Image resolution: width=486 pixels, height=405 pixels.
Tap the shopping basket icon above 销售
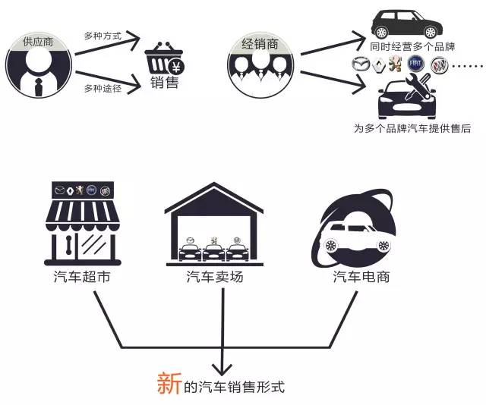pos(165,59)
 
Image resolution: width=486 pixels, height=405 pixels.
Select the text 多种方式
pos(103,35)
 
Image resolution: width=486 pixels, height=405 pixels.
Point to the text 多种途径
pos(103,89)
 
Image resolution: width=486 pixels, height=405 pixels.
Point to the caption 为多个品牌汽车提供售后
pos(412,128)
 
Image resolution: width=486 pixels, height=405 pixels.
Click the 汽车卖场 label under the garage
pos(216,277)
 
